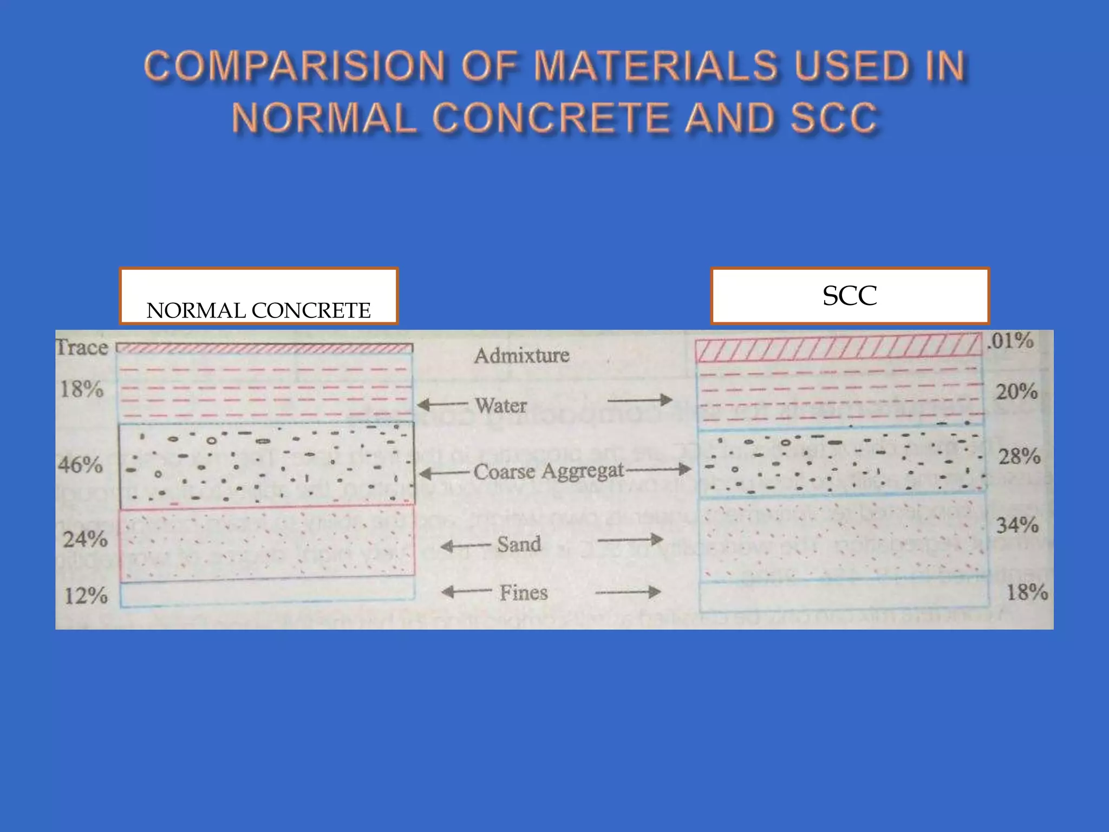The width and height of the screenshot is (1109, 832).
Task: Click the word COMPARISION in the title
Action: click(295, 66)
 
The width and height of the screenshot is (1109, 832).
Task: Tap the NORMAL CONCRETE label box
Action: click(259, 296)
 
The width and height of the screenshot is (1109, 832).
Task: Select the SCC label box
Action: click(850, 296)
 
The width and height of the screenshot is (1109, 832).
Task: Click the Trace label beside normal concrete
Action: click(82, 347)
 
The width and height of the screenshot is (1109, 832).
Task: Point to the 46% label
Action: click(80, 464)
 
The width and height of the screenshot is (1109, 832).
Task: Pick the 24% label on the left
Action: click(85, 539)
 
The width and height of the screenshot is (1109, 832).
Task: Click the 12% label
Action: click(86, 596)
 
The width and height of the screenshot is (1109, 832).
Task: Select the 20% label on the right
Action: click(1017, 391)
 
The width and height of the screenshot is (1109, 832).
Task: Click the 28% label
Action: click(1019, 456)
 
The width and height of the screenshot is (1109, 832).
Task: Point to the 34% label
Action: click(1017, 524)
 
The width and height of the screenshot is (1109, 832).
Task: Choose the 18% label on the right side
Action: click(1027, 591)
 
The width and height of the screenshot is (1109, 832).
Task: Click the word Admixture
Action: click(521, 355)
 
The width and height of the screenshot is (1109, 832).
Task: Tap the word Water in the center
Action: click(500, 405)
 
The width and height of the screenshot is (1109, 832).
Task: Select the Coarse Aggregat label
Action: click(549, 471)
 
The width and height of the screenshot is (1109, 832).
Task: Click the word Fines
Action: click(523, 592)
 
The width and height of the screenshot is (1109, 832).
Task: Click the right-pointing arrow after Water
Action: click(640, 400)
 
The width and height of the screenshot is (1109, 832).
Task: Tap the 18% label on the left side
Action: click(81, 389)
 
